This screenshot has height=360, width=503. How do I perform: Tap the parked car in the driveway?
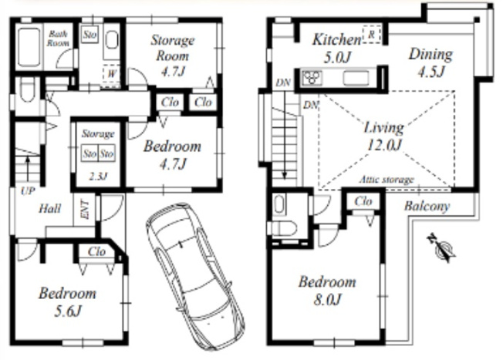(x=194, y=276)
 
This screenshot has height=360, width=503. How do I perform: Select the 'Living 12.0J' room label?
(x=384, y=136)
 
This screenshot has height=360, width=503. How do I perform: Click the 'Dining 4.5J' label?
(x=430, y=62)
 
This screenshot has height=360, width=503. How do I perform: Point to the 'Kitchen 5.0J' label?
(x=337, y=48)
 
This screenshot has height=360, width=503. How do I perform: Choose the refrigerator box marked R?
(x=372, y=34)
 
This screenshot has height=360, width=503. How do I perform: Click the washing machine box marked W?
(x=111, y=74)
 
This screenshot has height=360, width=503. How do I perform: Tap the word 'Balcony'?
(x=427, y=206)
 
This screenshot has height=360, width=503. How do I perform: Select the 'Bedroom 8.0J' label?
(x=327, y=291)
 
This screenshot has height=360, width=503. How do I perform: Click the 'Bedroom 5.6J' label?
(x=67, y=302)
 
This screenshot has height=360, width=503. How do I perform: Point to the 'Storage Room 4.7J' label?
(x=173, y=56)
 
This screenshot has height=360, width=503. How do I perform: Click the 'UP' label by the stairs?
(x=28, y=191)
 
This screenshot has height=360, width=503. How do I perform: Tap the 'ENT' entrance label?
(x=86, y=210)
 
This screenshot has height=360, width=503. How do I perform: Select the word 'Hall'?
(x=49, y=209)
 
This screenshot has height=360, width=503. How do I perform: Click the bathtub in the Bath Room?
(x=29, y=48)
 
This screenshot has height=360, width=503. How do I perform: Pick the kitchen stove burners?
(x=312, y=77)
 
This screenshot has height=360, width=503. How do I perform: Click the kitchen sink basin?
(x=356, y=78)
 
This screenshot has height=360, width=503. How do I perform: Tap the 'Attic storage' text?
(x=387, y=180)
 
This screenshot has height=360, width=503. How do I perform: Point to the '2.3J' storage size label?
(x=98, y=176)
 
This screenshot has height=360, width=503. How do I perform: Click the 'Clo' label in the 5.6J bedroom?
(x=96, y=251)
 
